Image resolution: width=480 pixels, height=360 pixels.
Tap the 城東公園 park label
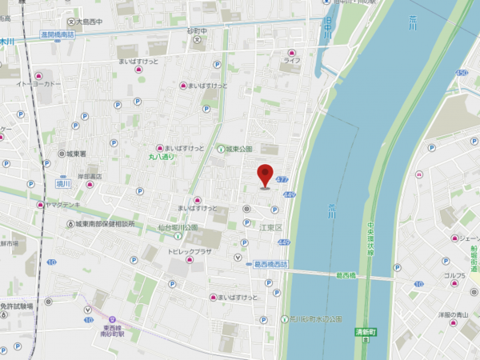pyautogui.click(x=238, y=149)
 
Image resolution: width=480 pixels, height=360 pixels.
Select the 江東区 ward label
pyautogui.click(x=270, y=228)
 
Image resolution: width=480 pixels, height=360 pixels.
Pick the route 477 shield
pyautogui.click(x=282, y=181)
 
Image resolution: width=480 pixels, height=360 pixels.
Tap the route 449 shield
pyautogui.click(x=288, y=194)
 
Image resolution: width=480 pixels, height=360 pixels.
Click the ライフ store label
pyautogui.click(x=292, y=60)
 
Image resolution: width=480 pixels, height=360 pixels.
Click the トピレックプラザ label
pyautogui.click(x=189, y=250)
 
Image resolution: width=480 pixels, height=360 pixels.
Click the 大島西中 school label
pyautogui.click(x=91, y=22)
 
